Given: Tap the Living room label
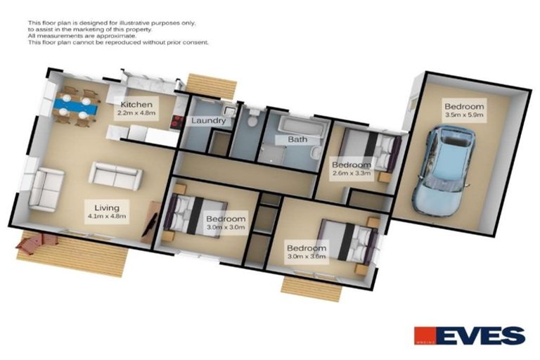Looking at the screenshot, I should click(100, 208).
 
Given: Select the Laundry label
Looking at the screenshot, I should click(209, 121).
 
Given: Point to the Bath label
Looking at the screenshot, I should click(297, 140).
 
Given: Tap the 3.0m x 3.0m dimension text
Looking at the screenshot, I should click(226, 228).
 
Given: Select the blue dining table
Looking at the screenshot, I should click(74, 107).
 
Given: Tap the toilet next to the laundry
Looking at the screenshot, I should click(254, 114).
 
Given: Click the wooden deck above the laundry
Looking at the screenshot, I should click(208, 84).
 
